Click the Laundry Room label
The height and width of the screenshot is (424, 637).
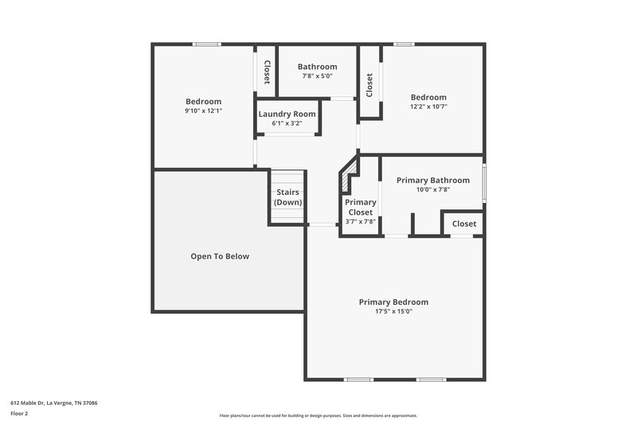(287, 114)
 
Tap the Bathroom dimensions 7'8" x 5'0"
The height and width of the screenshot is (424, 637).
(317, 76)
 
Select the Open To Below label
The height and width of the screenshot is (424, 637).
(220, 256)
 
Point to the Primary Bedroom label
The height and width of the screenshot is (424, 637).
(393, 301)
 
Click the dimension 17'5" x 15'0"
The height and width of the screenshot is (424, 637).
(393, 312)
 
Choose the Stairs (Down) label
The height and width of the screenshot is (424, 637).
(287, 197)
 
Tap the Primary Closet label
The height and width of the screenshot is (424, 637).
(360, 207)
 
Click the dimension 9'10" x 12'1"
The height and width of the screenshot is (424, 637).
(203, 111)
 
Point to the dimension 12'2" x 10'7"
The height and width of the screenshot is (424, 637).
(428, 107)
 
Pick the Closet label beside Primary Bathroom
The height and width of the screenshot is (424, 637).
(464, 224)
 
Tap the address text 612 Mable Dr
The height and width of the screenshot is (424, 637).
(54, 403)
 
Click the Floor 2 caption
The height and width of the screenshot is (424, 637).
(20, 414)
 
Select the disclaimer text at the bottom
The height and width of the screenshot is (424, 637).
(318, 415)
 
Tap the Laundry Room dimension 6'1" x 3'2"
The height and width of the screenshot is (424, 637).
(287, 123)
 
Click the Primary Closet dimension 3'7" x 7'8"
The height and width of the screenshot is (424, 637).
(360, 222)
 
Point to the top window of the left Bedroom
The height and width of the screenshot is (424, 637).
(207, 45)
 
